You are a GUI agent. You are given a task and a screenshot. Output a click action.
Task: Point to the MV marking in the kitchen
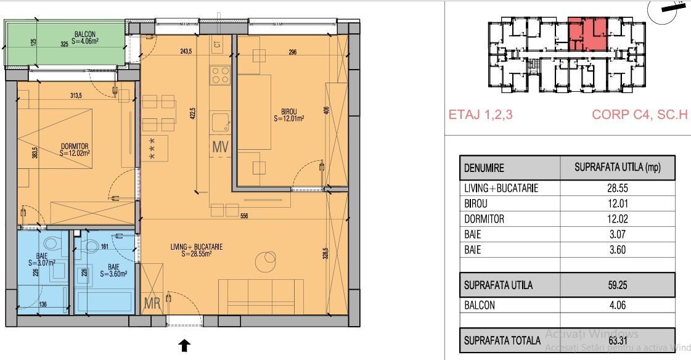coord(220,147)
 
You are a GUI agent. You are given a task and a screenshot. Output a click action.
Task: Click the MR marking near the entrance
coord(152,303)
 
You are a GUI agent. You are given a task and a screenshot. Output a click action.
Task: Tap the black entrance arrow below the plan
coord(184,345)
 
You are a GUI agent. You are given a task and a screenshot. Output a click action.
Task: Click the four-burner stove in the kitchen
coord(221,75)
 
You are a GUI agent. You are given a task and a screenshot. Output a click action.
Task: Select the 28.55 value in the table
coord(617,188)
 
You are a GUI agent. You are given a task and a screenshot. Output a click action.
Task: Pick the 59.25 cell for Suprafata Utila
coord(617,285)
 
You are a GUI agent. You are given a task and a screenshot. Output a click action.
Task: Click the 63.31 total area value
coord(617,340)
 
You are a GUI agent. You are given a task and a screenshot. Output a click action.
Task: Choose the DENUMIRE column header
coord(484,168)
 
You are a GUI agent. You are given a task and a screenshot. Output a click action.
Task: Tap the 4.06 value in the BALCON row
coord(617,305)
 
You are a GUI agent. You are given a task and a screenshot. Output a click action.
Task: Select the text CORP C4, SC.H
coord(639,115)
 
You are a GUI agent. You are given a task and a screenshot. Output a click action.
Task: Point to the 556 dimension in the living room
coord(244,216)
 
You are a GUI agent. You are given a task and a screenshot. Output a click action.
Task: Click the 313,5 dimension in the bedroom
coord(76,96)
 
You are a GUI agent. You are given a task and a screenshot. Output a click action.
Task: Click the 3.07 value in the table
coord(617,235)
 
